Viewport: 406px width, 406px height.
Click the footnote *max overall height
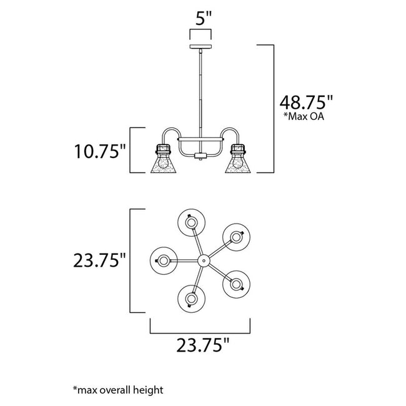coord(118,390)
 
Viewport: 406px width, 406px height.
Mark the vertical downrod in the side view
coord(201,94)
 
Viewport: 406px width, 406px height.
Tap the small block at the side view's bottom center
coord(201,154)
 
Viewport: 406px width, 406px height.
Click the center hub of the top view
coord(203,259)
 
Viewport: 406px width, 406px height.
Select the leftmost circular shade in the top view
coord(164,259)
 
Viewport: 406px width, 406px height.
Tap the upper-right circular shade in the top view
coord(235,236)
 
